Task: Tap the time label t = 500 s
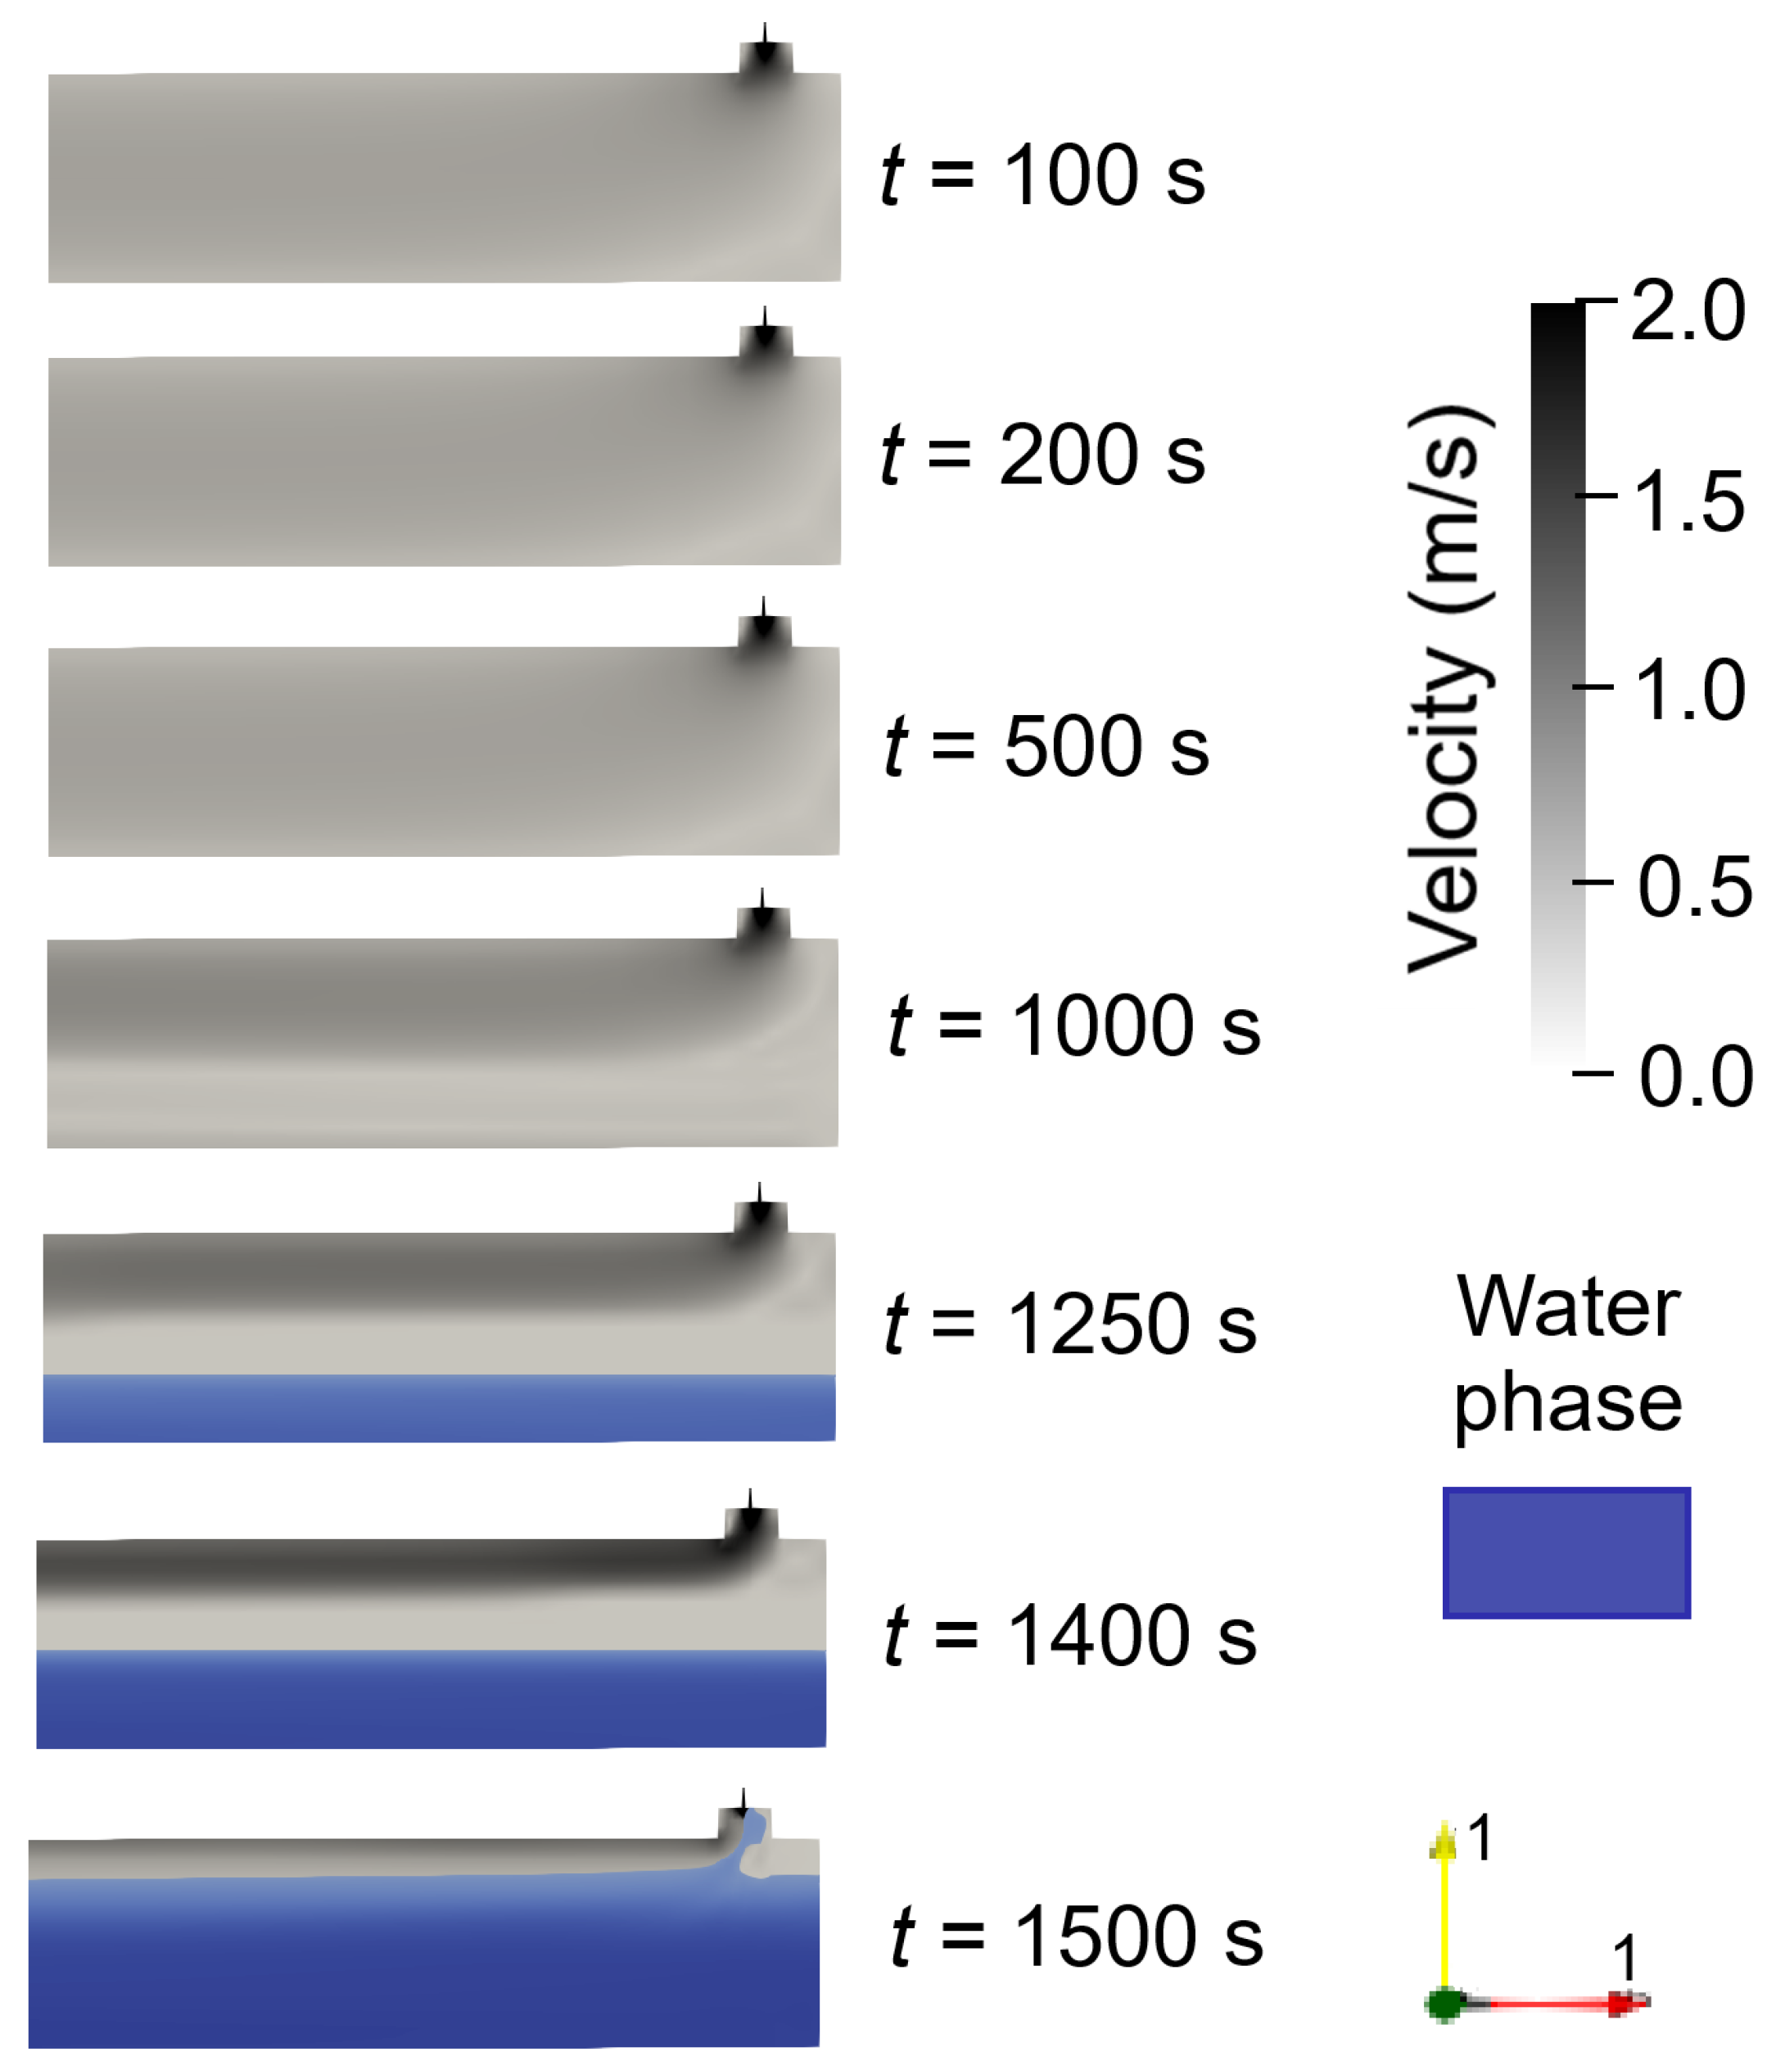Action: point(1046,746)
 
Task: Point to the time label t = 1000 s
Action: point(1073,1027)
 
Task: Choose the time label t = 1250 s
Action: point(1070,1325)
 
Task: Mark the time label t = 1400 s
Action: point(1070,1637)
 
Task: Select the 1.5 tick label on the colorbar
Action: point(1688,501)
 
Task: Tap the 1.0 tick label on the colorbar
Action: point(1688,691)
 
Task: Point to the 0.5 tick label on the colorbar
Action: point(1693,886)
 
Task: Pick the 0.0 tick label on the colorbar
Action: point(1695,1077)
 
